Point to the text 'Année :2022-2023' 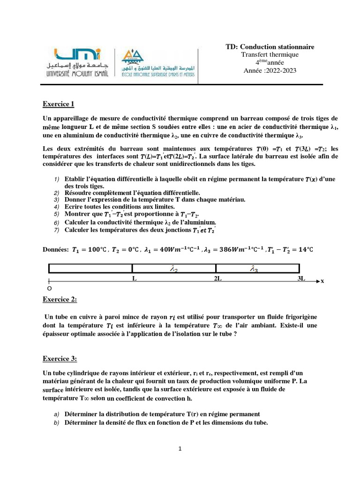[270, 71]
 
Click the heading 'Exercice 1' [59, 104]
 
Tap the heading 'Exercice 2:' [60, 299]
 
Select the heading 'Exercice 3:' [60, 359]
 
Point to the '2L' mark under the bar [218, 278]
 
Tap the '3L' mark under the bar [301, 278]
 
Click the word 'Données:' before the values [56, 250]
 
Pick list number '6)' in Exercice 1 [56, 222]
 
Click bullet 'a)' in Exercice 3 [56, 414]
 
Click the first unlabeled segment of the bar [90, 269]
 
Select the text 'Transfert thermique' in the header [270, 54]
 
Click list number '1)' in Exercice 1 [56, 180]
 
